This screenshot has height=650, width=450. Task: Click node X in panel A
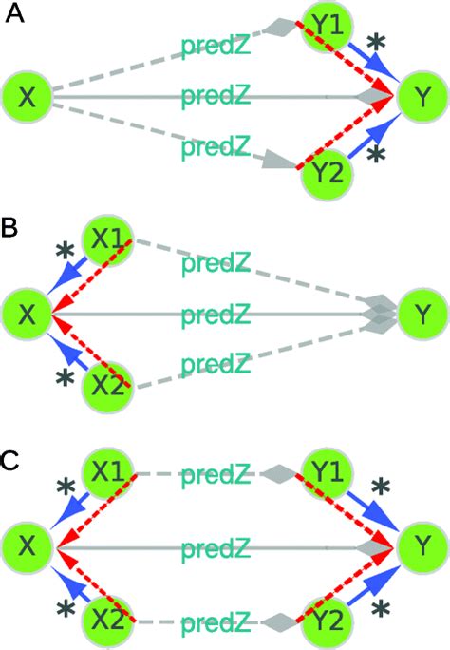28,96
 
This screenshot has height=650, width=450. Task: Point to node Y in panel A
422,96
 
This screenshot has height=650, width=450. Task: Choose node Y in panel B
422,314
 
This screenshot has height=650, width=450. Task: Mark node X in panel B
28,314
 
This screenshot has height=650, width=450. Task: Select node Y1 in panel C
327,473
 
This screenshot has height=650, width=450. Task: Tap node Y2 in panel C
327,622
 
